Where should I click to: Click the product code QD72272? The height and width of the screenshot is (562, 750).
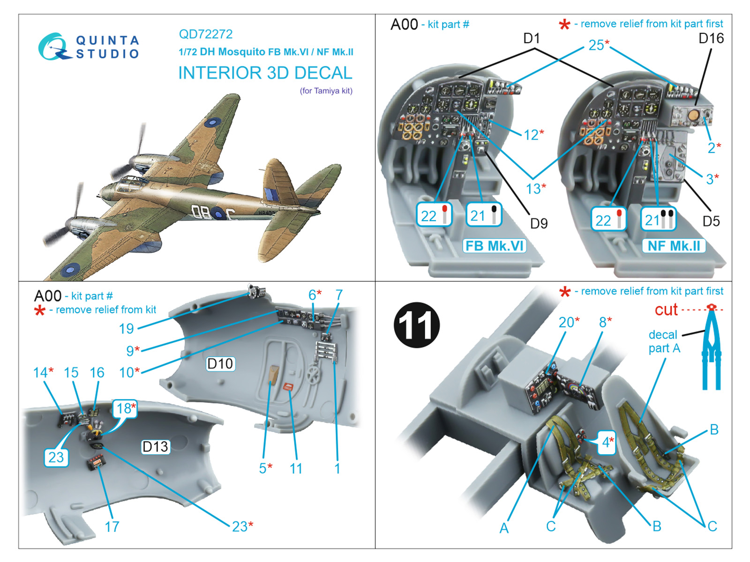(x=206, y=34)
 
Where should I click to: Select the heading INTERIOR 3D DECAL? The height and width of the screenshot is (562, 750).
(x=265, y=73)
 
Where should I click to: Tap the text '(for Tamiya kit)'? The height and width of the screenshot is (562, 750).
(x=326, y=91)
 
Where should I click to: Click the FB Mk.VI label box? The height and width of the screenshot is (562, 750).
(x=495, y=246)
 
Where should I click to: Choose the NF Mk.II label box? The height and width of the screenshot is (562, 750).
(x=674, y=246)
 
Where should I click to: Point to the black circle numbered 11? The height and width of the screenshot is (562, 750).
(x=417, y=325)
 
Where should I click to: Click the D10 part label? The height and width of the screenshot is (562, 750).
(x=220, y=363)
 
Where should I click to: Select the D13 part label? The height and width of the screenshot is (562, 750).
(x=155, y=447)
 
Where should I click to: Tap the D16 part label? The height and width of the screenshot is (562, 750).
(x=711, y=38)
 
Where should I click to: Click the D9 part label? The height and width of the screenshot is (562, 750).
(x=539, y=223)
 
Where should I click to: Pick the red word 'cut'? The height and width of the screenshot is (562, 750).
(x=666, y=310)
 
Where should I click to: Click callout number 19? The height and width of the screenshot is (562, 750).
(x=126, y=329)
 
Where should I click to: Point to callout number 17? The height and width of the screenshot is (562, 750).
(x=112, y=527)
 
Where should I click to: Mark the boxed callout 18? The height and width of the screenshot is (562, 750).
(x=124, y=409)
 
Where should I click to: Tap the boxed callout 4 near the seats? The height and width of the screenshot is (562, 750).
(x=607, y=442)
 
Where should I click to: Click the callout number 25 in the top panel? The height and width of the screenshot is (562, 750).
(x=597, y=45)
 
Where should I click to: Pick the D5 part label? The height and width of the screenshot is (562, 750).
(x=711, y=221)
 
